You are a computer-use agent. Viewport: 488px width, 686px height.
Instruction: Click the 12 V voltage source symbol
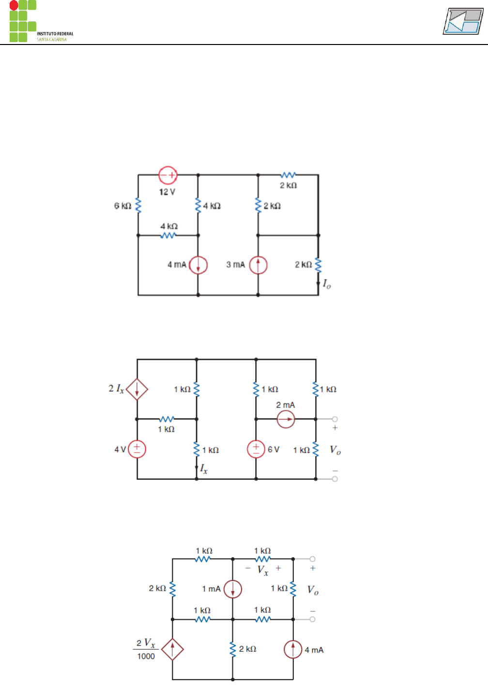168,175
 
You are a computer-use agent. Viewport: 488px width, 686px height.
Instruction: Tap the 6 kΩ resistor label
122,206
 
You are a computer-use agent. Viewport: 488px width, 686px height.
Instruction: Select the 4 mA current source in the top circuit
198,265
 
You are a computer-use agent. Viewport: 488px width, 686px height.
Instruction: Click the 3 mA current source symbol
258,265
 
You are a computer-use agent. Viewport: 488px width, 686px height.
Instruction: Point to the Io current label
327,284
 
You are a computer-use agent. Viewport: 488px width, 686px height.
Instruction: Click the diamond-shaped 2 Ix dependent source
137,389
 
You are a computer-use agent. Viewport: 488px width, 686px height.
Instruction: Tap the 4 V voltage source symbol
137,449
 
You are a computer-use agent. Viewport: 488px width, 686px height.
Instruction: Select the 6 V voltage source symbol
256,449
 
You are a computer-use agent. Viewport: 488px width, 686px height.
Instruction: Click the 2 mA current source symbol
286,419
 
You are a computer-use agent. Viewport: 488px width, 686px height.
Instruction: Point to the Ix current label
204,469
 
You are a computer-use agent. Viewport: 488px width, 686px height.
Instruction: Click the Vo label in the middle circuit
335,450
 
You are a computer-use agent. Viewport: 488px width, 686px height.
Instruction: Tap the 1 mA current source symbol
233,589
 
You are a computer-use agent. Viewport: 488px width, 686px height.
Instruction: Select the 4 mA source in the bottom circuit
293,649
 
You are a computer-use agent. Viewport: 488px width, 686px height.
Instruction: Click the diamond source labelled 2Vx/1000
172,649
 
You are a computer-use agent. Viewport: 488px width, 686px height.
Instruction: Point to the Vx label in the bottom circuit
263,570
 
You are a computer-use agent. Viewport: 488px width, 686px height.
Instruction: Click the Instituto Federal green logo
23,21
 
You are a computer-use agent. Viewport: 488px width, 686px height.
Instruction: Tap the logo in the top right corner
463,21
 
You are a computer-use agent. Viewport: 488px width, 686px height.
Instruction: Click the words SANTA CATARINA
52,40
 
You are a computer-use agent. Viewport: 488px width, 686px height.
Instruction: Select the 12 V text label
167,192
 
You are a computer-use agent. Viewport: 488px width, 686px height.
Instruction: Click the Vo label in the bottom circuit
313,590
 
